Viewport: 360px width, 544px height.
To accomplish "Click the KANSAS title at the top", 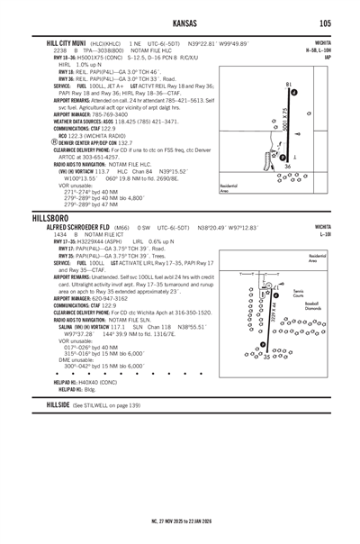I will pos(179,23).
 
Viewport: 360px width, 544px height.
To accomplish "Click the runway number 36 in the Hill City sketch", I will pos(287,166).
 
